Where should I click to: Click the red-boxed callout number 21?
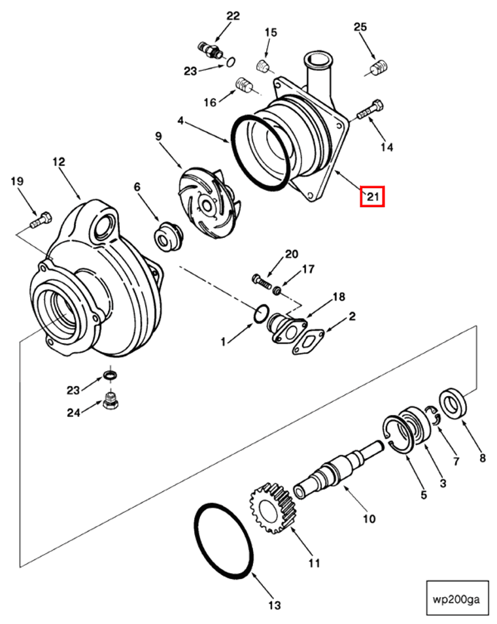pos(373,196)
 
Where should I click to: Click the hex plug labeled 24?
pos(111,400)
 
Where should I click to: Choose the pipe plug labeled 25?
pos(379,67)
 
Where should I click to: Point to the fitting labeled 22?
pos(210,49)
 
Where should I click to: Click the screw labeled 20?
pos(261,281)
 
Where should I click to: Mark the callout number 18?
pos(338,297)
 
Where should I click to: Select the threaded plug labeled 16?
pos(244,86)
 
